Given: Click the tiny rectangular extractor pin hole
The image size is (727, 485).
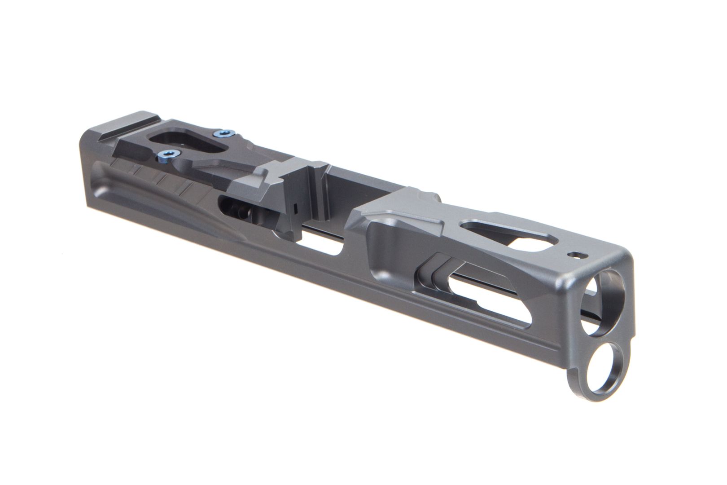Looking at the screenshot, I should coord(294,208).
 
